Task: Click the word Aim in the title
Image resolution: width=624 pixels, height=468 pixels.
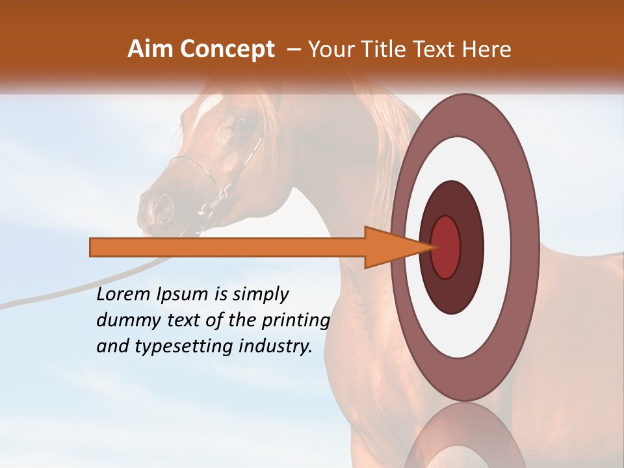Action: point(150,49)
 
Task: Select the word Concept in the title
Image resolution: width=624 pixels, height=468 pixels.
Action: point(226,49)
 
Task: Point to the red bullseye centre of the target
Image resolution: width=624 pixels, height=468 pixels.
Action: point(446,247)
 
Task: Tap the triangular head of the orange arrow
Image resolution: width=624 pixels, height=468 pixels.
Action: point(390,247)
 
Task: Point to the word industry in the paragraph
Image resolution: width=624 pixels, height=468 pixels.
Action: point(276,346)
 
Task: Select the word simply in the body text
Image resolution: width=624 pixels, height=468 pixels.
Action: point(260,295)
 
